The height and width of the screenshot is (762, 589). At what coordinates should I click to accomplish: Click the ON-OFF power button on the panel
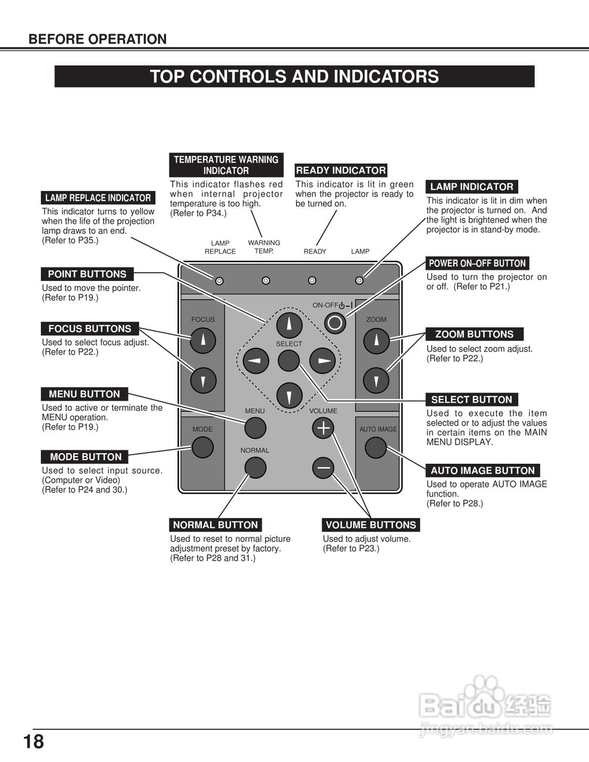335,323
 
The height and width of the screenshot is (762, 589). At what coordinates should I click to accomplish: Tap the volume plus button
323,427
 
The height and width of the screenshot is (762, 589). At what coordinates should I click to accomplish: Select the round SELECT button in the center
289,361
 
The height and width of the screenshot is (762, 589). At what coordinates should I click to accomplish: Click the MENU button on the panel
255,427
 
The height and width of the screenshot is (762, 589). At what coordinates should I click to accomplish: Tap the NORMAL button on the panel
255,468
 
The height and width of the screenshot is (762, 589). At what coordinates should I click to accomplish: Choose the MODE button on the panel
202,447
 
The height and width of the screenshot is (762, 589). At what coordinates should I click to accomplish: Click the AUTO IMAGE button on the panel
376,447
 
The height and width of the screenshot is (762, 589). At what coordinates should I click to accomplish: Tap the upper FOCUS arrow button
203,340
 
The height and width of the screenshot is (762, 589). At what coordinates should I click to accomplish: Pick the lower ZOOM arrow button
376,380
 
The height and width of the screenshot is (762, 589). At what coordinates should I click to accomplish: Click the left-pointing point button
256,361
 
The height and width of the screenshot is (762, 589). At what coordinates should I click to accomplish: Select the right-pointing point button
322,361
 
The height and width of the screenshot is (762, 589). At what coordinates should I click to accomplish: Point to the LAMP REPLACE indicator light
219,280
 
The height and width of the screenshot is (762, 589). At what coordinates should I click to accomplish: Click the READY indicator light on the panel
312,280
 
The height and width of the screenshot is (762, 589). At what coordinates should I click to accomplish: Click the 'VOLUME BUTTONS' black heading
370,525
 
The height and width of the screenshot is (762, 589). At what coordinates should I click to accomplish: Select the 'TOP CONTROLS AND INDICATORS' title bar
294,77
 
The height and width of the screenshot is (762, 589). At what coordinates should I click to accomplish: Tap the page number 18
34,742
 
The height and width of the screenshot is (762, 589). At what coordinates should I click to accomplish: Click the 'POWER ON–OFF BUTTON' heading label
477,263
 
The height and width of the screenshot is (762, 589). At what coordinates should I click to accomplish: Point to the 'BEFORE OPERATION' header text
98,39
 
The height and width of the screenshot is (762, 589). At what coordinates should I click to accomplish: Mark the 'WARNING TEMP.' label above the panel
264,246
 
